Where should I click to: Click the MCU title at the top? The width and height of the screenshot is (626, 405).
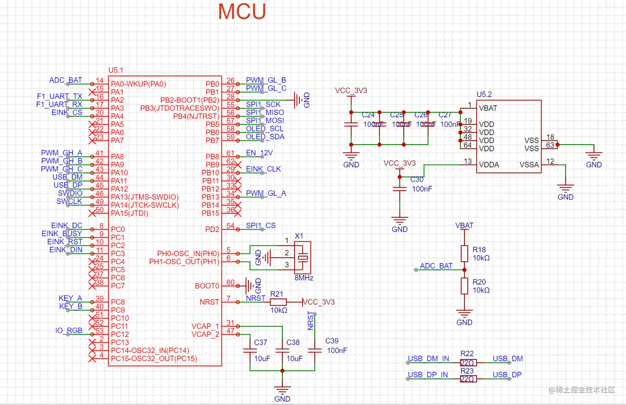pyautogui.click(x=242, y=12)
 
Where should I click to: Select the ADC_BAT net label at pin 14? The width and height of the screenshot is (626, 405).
pyautogui.click(x=65, y=80)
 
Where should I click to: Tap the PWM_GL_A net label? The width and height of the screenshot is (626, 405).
pyautogui.click(x=266, y=193)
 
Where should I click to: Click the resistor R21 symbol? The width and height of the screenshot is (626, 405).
pyautogui.click(x=278, y=302)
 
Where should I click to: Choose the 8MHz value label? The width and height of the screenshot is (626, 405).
pyautogui.click(x=304, y=278)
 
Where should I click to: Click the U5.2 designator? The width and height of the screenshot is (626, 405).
pyautogui.click(x=484, y=95)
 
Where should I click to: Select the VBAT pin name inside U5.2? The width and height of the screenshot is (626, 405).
pyautogui.click(x=488, y=108)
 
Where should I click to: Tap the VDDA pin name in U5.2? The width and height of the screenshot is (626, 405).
pyautogui.click(x=489, y=165)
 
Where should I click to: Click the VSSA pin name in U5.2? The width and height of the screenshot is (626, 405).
pyautogui.click(x=529, y=165)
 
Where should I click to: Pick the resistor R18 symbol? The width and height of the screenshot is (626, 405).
pyautogui.click(x=465, y=253)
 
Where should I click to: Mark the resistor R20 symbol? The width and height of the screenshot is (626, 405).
pyautogui.click(x=465, y=286)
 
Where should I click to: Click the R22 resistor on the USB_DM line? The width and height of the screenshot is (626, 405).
pyautogui.click(x=468, y=363)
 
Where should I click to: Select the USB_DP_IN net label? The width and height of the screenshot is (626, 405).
pyautogui.click(x=428, y=375)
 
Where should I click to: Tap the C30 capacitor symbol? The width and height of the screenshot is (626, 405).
pyautogui.click(x=400, y=189)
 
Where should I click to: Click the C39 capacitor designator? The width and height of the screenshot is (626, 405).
pyautogui.click(x=332, y=341)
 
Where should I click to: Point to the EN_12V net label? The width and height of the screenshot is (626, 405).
pyautogui.click(x=259, y=153)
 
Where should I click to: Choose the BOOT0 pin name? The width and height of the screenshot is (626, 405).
pyautogui.click(x=207, y=286)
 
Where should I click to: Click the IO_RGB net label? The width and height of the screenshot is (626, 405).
pyautogui.click(x=69, y=331)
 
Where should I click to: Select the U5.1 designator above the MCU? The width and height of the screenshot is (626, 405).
pyautogui.click(x=116, y=70)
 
